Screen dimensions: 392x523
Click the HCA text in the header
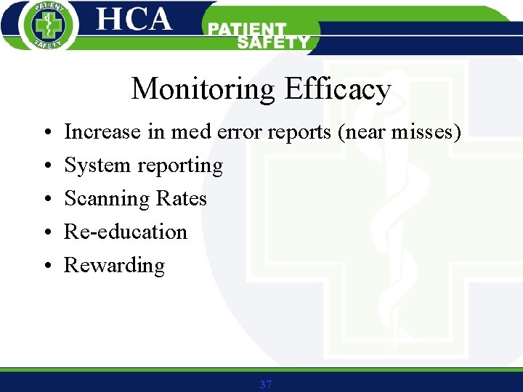pyautogui.click(x=134, y=20)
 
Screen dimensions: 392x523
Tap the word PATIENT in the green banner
pyautogui.click(x=247, y=30)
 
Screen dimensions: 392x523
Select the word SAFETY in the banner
pyautogui.click(x=273, y=43)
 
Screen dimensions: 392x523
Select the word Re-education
pyautogui.click(x=126, y=232)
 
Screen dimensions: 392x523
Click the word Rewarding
pyautogui.click(x=114, y=266)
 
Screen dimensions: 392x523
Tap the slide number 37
pyautogui.click(x=265, y=384)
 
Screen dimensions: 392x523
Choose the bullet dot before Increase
pyautogui.click(x=45, y=133)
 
